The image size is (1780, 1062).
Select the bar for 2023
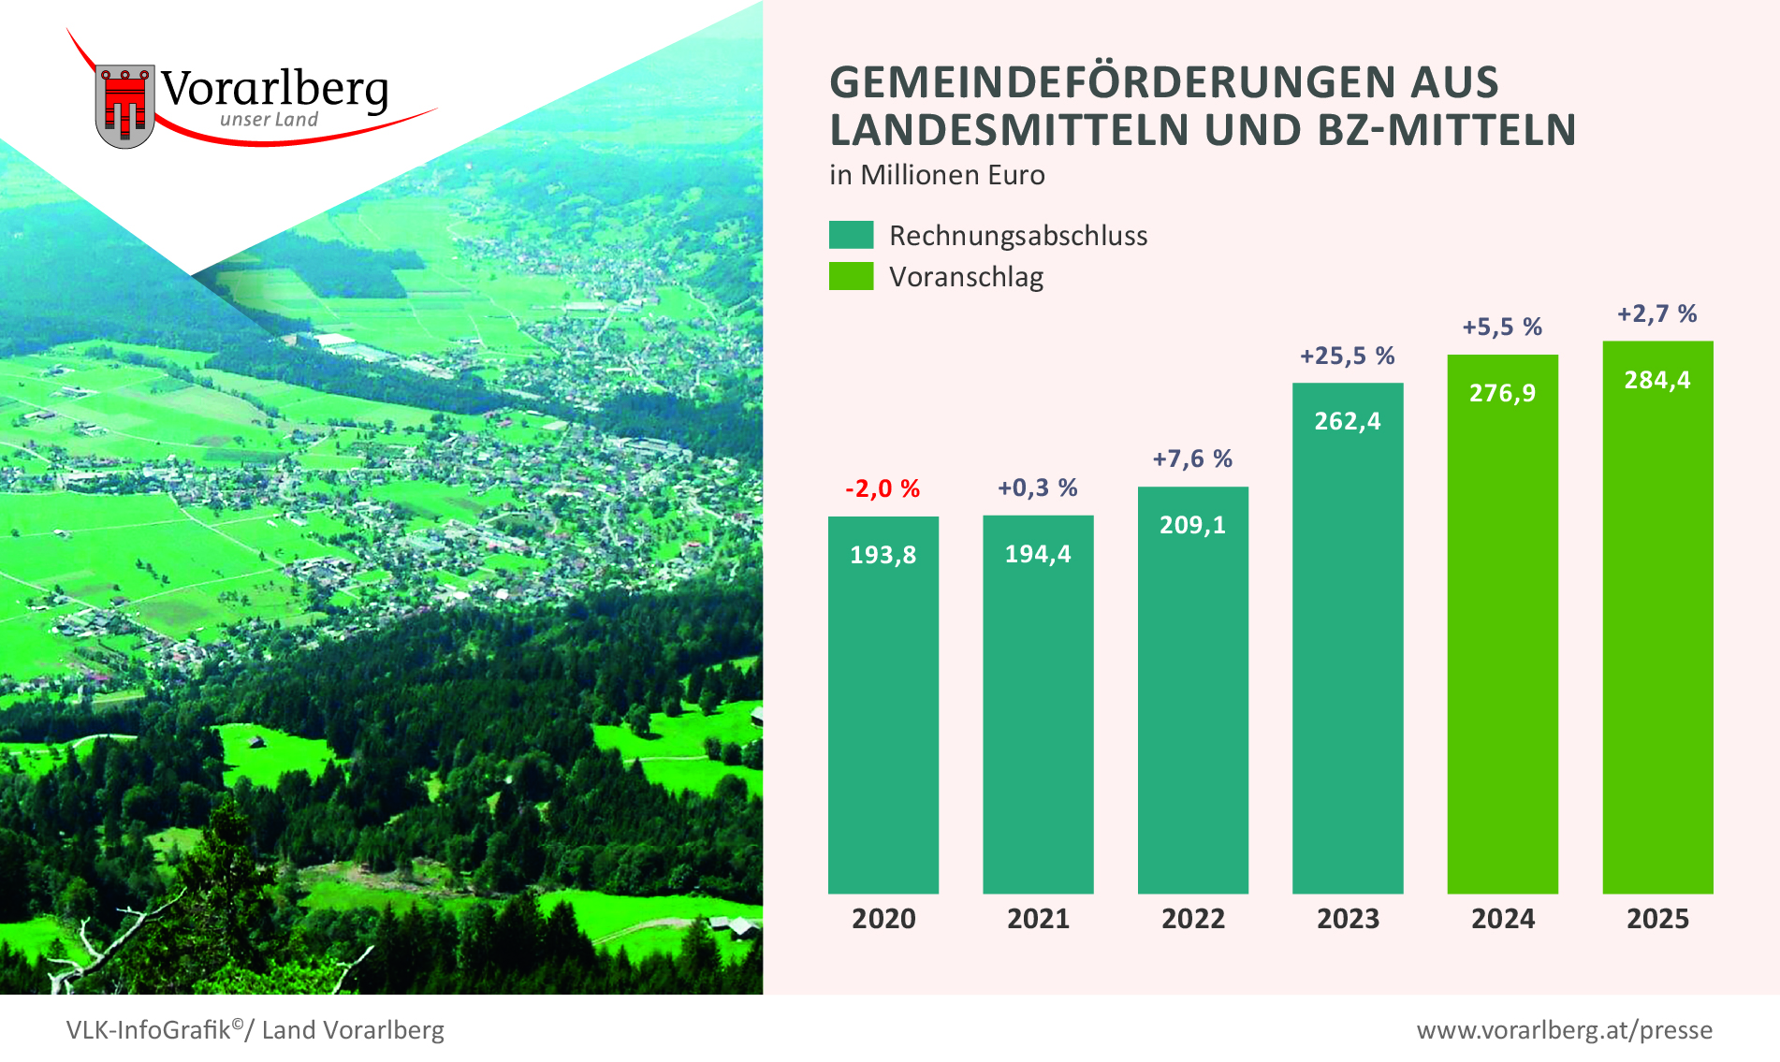(x=1348, y=655)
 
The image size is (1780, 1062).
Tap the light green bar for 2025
(x=1657, y=636)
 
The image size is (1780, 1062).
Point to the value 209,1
(x=1192, y=525)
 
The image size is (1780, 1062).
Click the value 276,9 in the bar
(x=1502, y=393)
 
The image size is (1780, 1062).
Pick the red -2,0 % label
(x=883, y=488)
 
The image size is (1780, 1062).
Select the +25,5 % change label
(x=1348, y=356)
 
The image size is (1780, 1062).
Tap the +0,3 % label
(x=1038, y=487)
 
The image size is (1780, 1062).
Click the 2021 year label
(x=1038, y=919)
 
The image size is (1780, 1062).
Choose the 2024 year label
(x=1503, y=919)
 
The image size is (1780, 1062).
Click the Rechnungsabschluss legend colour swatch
(x=851, y=235)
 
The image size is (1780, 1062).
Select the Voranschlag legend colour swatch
(x=851, y=276)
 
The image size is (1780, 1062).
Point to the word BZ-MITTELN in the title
(x=1447, y=130)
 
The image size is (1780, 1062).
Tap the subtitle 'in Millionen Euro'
(x=937, y=175)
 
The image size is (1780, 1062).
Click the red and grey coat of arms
(x=124, y=106)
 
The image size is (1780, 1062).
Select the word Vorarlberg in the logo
(x=274, y=90)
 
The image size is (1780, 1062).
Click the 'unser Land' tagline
(x=270, y=120)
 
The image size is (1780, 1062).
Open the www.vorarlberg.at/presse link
(x=1565, y=1030)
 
